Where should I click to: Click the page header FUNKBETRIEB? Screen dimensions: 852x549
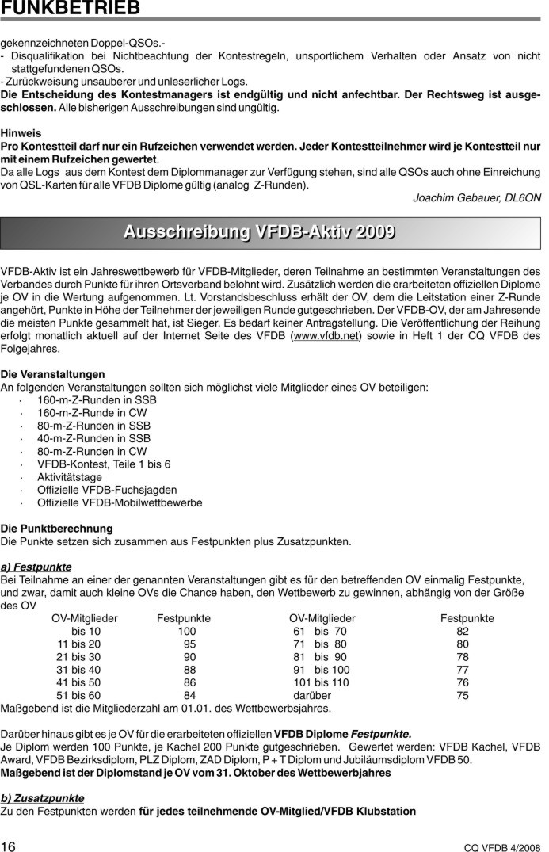(71, 8)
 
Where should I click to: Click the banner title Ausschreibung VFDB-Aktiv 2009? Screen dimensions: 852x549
(260, 232)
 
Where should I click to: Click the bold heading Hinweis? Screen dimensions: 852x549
(21, 134)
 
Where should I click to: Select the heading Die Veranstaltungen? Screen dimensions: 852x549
(52, 374)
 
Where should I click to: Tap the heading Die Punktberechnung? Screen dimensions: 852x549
(56, 528)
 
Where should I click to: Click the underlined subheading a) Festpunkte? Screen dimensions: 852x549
(36, 567)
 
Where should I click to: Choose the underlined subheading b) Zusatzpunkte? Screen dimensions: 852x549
(42, 797)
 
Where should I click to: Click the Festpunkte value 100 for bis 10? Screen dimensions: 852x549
(186, 631)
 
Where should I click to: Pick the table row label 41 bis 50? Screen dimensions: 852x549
(78, 682)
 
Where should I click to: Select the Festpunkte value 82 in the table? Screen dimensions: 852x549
(463, 631)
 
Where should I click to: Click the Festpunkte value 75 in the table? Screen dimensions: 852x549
(463, 695)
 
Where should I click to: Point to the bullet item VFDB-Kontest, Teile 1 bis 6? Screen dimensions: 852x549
(104, 464)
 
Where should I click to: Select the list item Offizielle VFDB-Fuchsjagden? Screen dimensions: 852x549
(107, 490)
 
